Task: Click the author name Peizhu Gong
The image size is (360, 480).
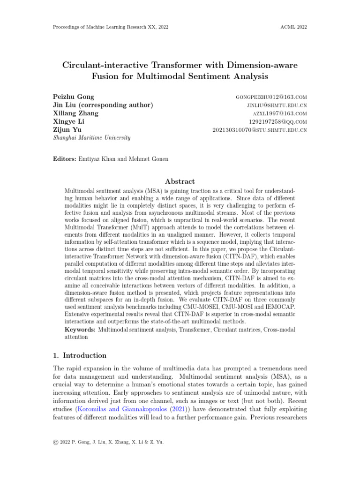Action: (x=74, y=97)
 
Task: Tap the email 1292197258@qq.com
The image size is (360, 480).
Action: (x=278, y=121)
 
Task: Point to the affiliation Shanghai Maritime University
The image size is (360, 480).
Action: (x=91, y=138)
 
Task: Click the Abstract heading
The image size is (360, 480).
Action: (x=180, y=181)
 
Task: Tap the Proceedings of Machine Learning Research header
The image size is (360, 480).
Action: (x=111, y=27)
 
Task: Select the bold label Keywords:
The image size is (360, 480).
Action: (x=80, y=330)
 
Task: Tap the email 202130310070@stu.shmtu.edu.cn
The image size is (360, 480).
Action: (x=260, y=130)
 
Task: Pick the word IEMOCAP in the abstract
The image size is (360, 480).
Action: (x=279, y=305)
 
